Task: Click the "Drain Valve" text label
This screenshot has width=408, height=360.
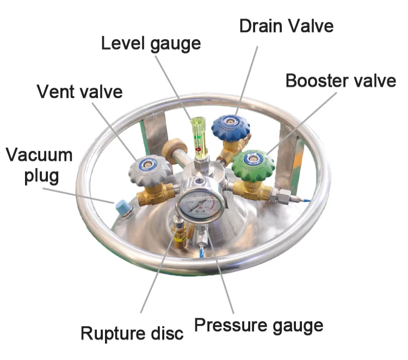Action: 286,26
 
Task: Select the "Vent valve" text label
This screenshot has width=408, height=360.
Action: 79,91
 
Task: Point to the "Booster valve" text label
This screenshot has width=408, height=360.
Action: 341,80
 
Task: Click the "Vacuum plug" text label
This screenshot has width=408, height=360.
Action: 39,166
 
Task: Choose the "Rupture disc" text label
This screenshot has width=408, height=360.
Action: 132,333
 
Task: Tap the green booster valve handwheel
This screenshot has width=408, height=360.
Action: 253,163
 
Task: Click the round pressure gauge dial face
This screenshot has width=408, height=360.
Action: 200,205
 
